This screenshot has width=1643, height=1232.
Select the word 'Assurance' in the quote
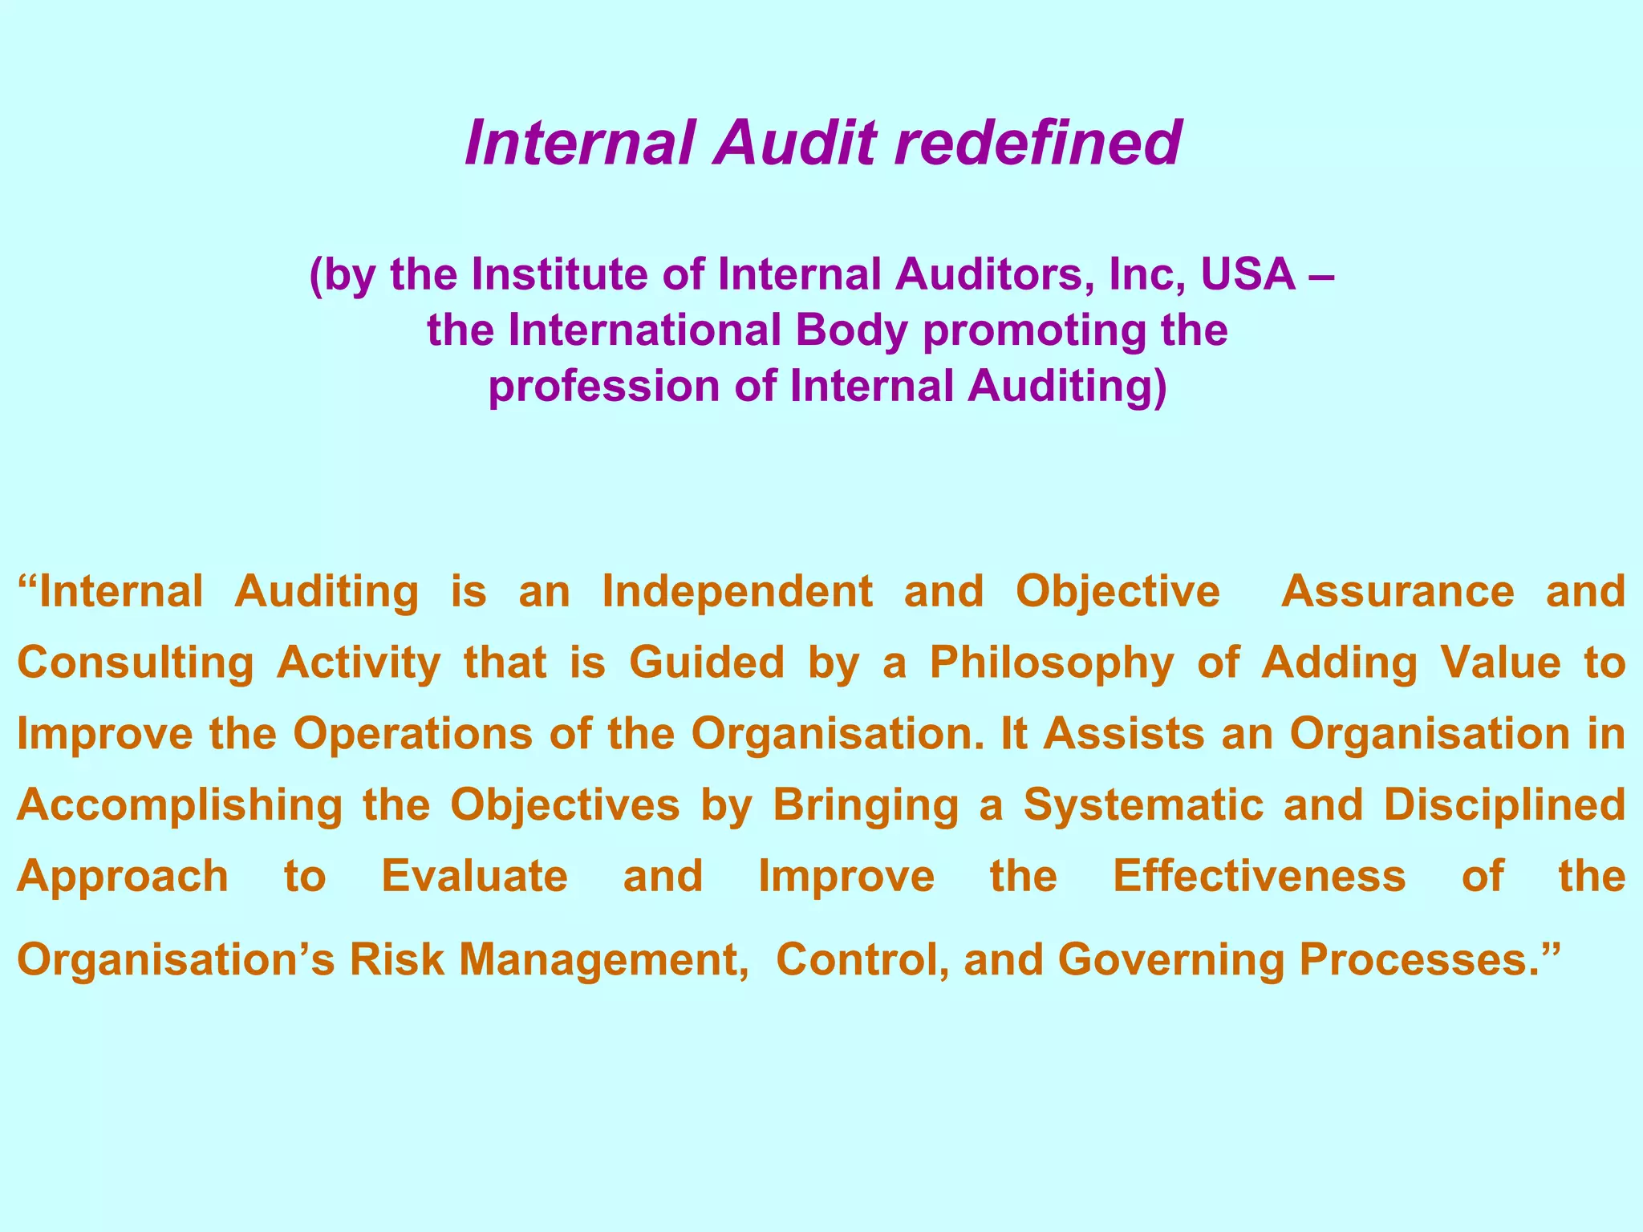pyautogui.click(x=1398, y=593)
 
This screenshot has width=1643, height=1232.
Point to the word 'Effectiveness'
pyautogui.click(x=1259, y=876)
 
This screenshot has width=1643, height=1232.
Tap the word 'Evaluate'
pyautogui.click(x=474, y=876)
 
